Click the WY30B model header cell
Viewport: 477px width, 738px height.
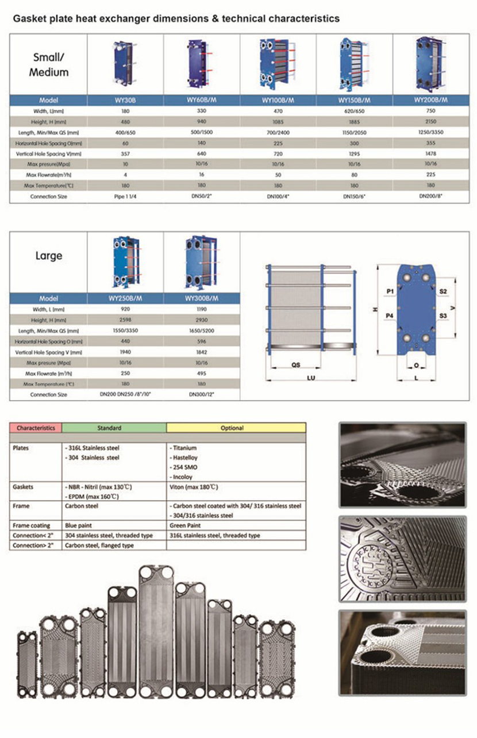pyautogui.click(x=125, y=100)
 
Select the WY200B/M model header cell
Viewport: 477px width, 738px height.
pyautogui.click(x=431, y=100)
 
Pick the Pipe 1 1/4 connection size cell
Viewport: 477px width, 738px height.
pyautogui.click(x=125, y=197)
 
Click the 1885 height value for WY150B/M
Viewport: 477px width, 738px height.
pyautogui.click(x=355, y=122)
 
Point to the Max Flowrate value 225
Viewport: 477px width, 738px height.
pyautogui.click(x=431, y=174)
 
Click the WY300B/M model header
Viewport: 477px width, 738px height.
pyautogui.click(x=201, y=299)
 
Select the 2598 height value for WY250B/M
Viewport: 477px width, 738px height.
pyautogui.click(x=125, y=320)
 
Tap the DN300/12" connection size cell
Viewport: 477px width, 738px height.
pyautogui.click(x=201, y=395)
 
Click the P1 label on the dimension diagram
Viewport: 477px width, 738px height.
pyautogui.click(x=390, y=292)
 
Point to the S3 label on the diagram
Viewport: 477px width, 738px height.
pyautogui.click(x=443, y=316)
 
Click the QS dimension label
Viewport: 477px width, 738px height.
pyautogui.click(x=295, y=364)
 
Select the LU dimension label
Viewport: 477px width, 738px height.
pyautogui.click(x=310, y=378)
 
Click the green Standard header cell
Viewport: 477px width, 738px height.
pyautogui.click(x=114, y=428)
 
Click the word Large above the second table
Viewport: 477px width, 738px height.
pyautogui.click(x=48, y=256)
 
